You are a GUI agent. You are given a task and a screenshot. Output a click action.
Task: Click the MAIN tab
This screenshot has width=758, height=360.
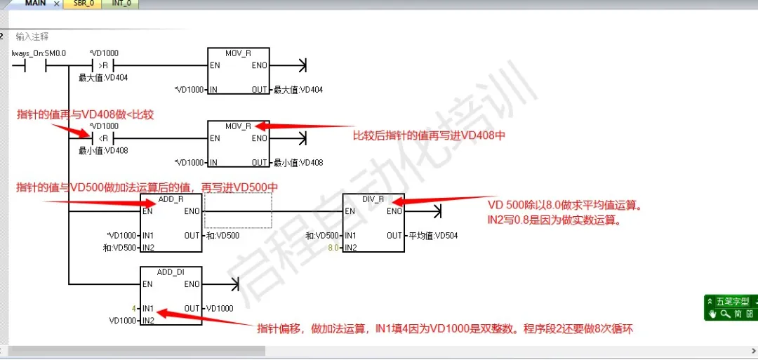[35, 4]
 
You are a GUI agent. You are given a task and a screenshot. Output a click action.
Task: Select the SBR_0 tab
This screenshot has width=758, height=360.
[84, 4]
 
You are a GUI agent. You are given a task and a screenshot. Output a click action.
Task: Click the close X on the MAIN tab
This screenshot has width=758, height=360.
[58, 4]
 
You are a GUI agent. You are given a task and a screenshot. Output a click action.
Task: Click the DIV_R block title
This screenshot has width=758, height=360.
[373, 199]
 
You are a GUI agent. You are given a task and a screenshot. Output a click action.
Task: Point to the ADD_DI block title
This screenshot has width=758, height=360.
[171, 272]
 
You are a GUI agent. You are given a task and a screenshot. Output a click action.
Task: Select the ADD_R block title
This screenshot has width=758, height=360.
[171, 199]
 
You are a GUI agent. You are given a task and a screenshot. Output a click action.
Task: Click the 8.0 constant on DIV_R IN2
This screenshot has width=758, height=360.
[333, 248]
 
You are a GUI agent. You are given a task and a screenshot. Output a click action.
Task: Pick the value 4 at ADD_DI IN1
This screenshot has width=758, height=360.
[133, 308]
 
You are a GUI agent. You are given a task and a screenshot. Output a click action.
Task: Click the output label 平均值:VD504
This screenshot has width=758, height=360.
[432, 236]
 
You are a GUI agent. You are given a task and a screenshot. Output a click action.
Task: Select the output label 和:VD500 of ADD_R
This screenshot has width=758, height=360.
[222, 236]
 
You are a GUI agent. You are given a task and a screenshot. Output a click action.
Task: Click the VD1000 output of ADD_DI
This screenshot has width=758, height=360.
[221, 308]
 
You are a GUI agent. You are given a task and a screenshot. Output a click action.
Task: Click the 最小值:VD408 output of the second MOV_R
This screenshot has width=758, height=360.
[298, 163]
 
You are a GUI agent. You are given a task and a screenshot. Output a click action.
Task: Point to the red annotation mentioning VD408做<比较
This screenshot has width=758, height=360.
[85, 114]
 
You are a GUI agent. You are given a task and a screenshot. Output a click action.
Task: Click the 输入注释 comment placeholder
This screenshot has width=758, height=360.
[32, 36]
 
